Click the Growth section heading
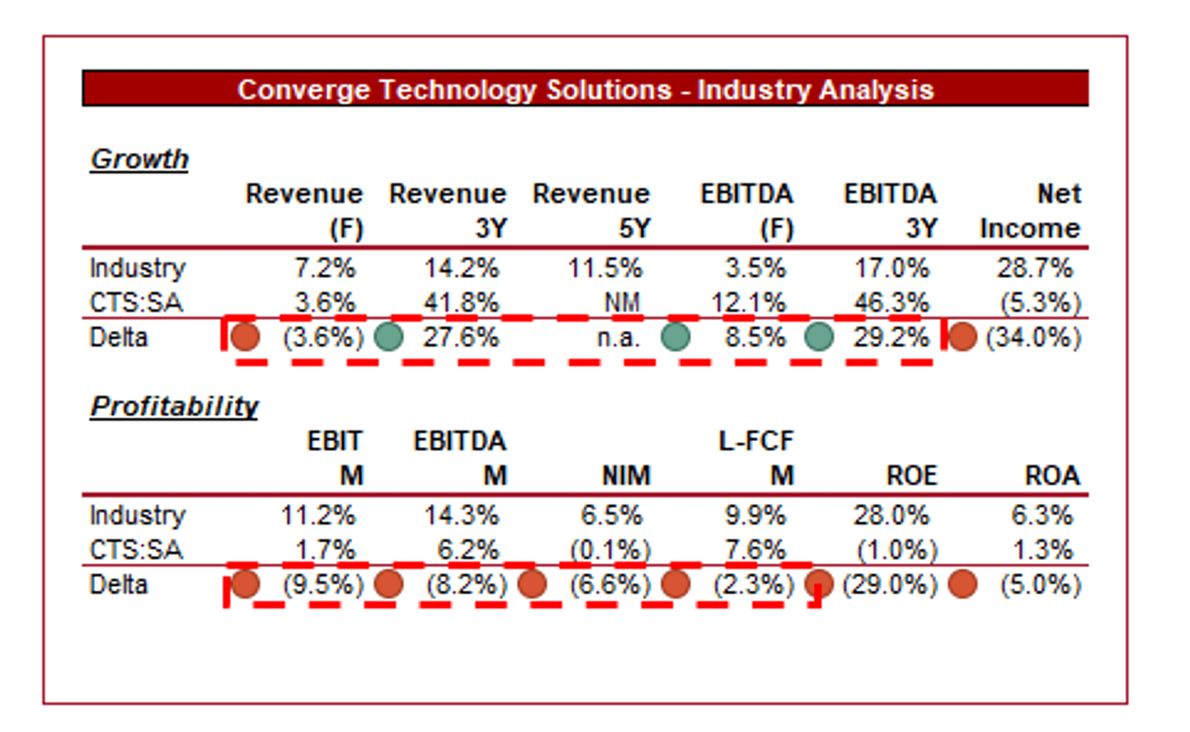[139, 159]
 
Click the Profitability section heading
[174, 407]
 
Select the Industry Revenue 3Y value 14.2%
[461, 268]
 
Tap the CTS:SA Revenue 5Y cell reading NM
[622, 303]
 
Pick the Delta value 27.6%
[461, 338]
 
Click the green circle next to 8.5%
[675, 337]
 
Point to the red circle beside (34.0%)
[962, 337]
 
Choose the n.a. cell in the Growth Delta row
[618, 338]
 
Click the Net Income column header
[1031, 211]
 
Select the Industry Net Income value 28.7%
[1035, 268]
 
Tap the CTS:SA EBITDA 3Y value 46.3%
[892, 303]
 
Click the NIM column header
[627, 476]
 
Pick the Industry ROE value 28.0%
[891, 516]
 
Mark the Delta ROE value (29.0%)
[890, 585]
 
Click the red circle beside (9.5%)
[245, 584]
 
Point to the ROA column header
[1052, 476]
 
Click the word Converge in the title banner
[304, 90]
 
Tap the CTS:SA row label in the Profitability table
[136, 550]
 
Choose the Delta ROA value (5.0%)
[1041, 585]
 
